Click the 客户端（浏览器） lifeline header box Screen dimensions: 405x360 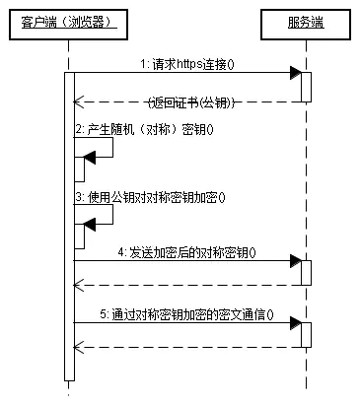(68, 21)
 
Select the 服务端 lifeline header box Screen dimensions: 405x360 (306, 21)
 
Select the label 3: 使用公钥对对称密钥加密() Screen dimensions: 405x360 (150, 196)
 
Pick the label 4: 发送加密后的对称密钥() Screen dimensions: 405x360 (186, 252)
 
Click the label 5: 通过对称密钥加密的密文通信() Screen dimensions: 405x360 (187, 314)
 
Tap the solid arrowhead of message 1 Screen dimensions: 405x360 (294, 73)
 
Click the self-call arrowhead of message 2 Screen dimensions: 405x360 (90, 156)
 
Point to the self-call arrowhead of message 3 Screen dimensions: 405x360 (90, 224)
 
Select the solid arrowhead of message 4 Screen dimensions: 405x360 (294, 261)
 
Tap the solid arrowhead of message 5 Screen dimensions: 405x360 (294, 323)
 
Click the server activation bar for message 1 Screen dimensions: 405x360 (306, 87)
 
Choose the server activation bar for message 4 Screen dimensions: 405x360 (306, 273)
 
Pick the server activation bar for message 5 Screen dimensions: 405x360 (306, 334)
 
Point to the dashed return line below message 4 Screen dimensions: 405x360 (187, 285)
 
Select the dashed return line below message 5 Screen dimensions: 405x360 (187, 347)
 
